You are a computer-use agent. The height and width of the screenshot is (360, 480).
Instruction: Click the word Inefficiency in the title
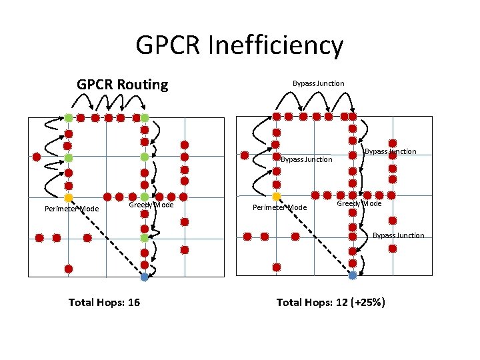click(x=276, y=46)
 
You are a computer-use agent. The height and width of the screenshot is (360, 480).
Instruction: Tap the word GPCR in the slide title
click(x=169, y=46)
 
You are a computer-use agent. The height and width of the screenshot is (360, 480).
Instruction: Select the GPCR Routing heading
click(x=123, y=85)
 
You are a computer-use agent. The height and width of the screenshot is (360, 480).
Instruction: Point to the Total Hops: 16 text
click(x=104, y=303)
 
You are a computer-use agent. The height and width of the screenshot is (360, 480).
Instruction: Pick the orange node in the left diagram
click(x=68, y=198)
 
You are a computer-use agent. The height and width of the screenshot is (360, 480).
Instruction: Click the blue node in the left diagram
click(x=144, y=277)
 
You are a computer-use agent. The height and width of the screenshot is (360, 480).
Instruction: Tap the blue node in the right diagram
click(x=352, y=275)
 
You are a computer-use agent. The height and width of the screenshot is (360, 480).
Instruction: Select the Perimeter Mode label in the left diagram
click(x=71, y=209)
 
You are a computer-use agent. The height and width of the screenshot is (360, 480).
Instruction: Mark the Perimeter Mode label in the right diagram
click(x=279, y=207)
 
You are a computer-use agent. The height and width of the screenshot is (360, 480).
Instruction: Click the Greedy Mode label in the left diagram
click(x=151, y=205)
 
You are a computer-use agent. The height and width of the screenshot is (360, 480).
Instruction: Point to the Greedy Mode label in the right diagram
click(x=359, y=203)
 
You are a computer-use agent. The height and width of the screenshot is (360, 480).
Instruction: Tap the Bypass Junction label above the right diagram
click(x=319, y=83)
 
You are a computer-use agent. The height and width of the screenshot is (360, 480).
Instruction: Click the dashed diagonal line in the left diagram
click(x=107, y=238)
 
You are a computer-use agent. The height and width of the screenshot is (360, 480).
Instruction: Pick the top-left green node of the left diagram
click(x=68, y=118)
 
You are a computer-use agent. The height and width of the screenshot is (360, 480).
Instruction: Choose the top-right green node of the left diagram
click(x=144, y=118)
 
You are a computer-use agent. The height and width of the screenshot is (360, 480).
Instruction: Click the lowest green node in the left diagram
click(x=144, y=237)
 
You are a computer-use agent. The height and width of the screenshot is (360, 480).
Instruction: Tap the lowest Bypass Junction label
click(x=398, y=235)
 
